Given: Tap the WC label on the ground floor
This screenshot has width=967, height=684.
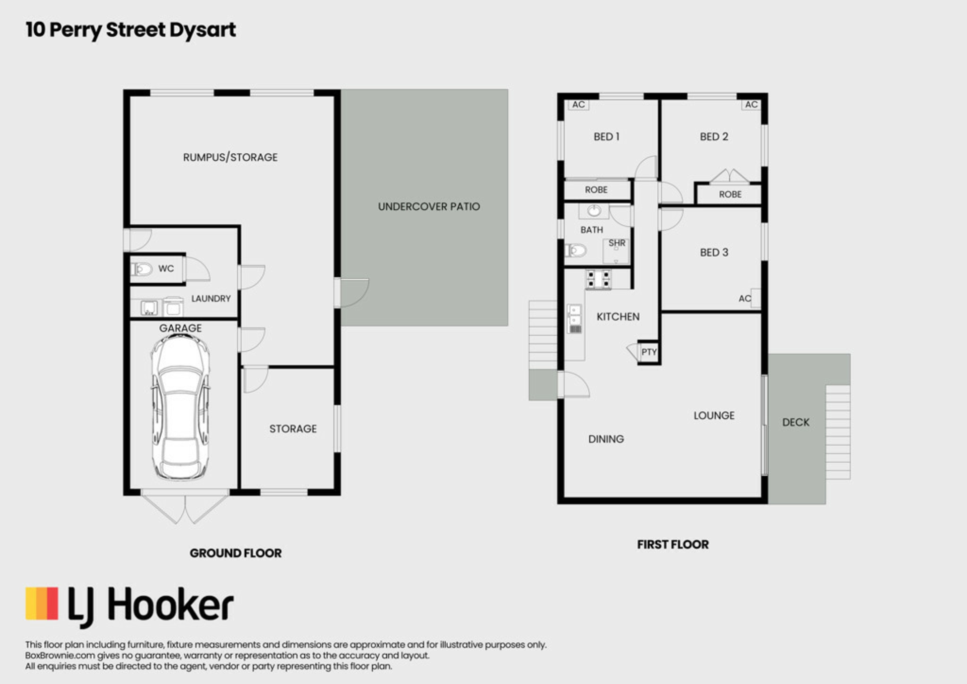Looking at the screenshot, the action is pyautogui.click(x=166, y=269).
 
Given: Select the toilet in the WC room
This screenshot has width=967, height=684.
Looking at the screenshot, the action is pyautogui.click(x=142, y=270).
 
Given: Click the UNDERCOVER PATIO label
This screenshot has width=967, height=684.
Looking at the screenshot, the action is pyautogui.click(x=429, y=206).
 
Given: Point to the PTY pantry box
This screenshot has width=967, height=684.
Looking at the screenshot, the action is pyautogui.click(x=649, y=352).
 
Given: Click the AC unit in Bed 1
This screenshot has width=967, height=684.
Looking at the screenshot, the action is pyautogui.click(x=579, y=104).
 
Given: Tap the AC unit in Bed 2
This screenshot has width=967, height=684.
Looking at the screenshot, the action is pyautogui.click(x=751, y=104).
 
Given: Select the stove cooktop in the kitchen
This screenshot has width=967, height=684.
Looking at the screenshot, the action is pyautogui.click(x=598, y=279).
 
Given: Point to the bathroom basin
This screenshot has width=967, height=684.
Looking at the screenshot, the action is pyautogui.click(x=594, y=211).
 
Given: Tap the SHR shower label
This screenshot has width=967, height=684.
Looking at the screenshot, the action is pyautogui.click(x=617, y=243).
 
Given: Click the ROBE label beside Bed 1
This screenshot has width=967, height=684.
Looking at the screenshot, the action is pyautogui.click(x=596, y=190).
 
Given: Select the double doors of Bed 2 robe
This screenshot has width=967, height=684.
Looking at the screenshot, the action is pyautogui.click(x=729, y=176).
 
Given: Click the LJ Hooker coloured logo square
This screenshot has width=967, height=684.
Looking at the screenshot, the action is pyautogui.click(x=42, y=603).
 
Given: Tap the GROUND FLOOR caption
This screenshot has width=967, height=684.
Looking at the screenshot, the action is pyautogui.click(x=236, y=553).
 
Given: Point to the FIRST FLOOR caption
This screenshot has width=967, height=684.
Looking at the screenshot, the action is pyautogui.click(x=673, y=544).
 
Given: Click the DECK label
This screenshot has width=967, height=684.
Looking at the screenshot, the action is pyautogui.click(x=796, y=422).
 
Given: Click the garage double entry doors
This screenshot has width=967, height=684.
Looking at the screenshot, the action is pyautogui.click(x=185, y=507).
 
